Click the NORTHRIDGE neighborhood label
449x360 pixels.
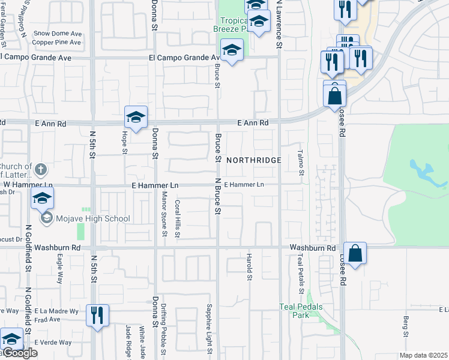click(x=254, y=160)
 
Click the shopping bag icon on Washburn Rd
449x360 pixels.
click(x=355, y=254)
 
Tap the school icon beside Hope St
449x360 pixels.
click(x=136, y=118)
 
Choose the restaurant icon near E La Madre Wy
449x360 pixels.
click(x=97, y=316)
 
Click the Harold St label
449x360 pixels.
click(x=249, y=267)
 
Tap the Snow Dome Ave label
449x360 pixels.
click(x=58, y=34)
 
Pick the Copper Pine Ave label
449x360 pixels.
click(x=57, y=43)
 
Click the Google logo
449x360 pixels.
click(x=20, y=353)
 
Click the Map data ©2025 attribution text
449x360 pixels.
click(x=423, y=355)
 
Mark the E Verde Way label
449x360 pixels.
click(x=53, y=343)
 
